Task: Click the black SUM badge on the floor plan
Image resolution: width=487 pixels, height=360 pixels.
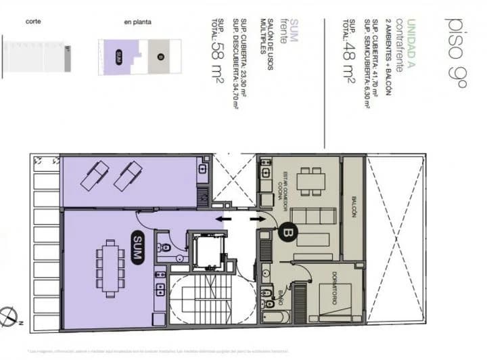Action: point(137,242)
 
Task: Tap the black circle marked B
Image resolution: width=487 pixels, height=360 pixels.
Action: point(286,231)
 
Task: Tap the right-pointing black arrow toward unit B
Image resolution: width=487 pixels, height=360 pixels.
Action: point(256,219)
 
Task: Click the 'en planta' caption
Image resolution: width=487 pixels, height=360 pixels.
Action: point(137,22)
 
